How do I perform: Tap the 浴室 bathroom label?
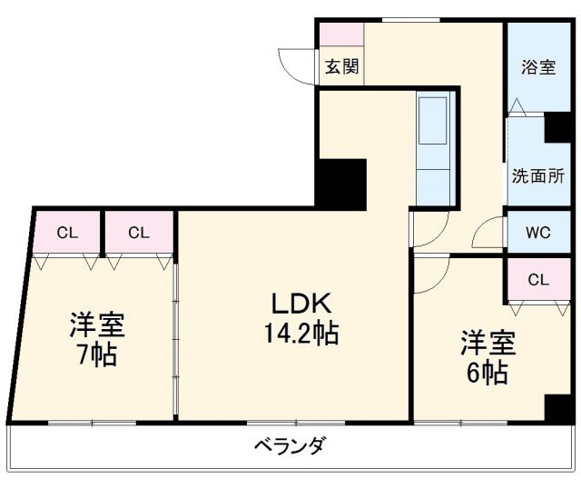click(x=538, y=66)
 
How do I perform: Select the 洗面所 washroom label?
click(x=538, y=175)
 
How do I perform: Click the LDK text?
click(x=291, y=304)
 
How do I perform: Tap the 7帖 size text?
click(x=97, y=354)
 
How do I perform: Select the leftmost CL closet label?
click(x=67, y=233)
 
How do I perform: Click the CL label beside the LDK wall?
click(x=138, y=233)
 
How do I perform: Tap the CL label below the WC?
click(x=537, y=279)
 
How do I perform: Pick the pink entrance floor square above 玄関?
click(x=340, y=34)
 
